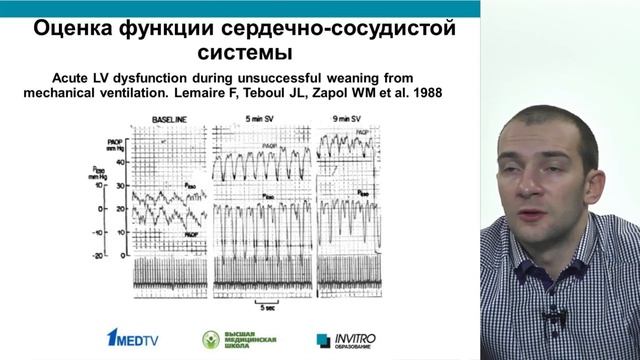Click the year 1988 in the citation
[x=424, y=96]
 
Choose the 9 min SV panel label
[x=346, y=120]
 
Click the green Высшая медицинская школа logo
[x=237, y=339]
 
